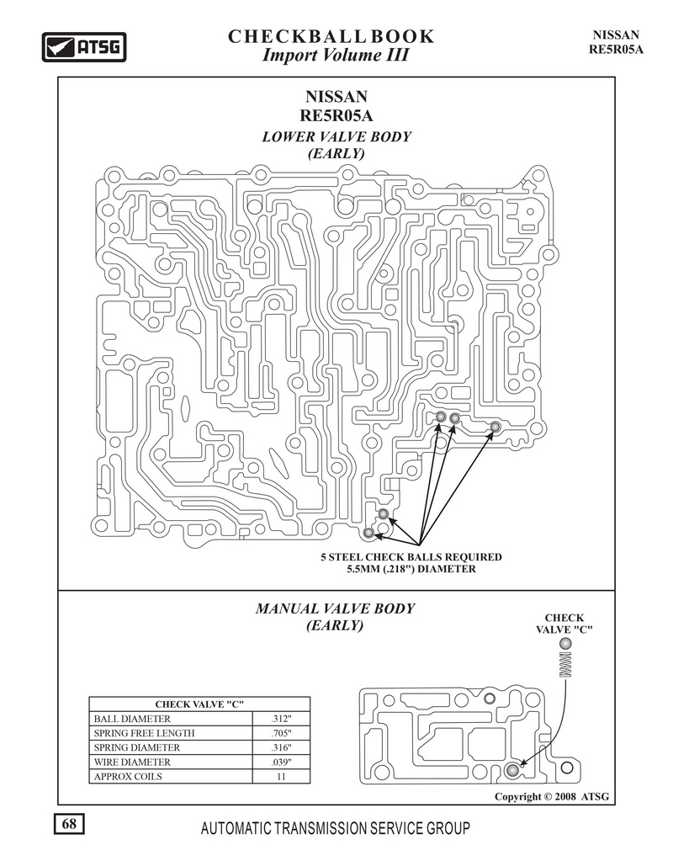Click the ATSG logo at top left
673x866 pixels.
[84, 47]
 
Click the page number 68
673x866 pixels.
[69, 824]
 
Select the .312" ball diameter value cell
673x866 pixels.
[281, 719]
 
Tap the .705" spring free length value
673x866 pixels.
[281, 733]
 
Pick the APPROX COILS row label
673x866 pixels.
[128, 776]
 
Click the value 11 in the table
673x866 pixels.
[281, 776]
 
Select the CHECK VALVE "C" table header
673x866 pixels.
[199, 704]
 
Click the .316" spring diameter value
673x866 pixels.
[281, 747]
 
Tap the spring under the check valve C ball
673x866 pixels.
[565, 664]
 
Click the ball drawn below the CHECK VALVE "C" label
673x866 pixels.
[565, 644]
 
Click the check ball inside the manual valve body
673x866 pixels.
[513, 770]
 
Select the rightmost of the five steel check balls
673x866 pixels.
[495, 427]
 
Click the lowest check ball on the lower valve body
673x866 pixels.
[368, 533]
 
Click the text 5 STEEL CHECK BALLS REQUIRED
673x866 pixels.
[411, 557]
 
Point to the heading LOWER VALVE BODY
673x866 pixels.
[336, 136]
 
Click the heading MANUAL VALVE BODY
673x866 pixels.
[335, 608]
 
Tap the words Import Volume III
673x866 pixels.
[335, 56]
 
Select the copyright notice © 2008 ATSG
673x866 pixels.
[552, 796]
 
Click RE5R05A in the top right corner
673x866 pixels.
[616, 49]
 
